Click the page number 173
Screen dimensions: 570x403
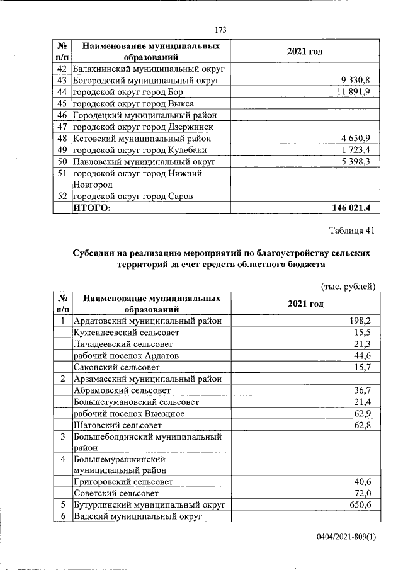220,30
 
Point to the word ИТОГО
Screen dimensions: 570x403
92,207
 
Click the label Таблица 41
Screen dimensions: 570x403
351,231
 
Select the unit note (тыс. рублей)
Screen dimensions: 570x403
348,287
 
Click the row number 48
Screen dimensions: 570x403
62,138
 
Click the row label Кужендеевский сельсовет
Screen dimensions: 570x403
127,332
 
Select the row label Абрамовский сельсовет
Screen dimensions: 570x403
121,390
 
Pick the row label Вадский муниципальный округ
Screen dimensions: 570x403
137,516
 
